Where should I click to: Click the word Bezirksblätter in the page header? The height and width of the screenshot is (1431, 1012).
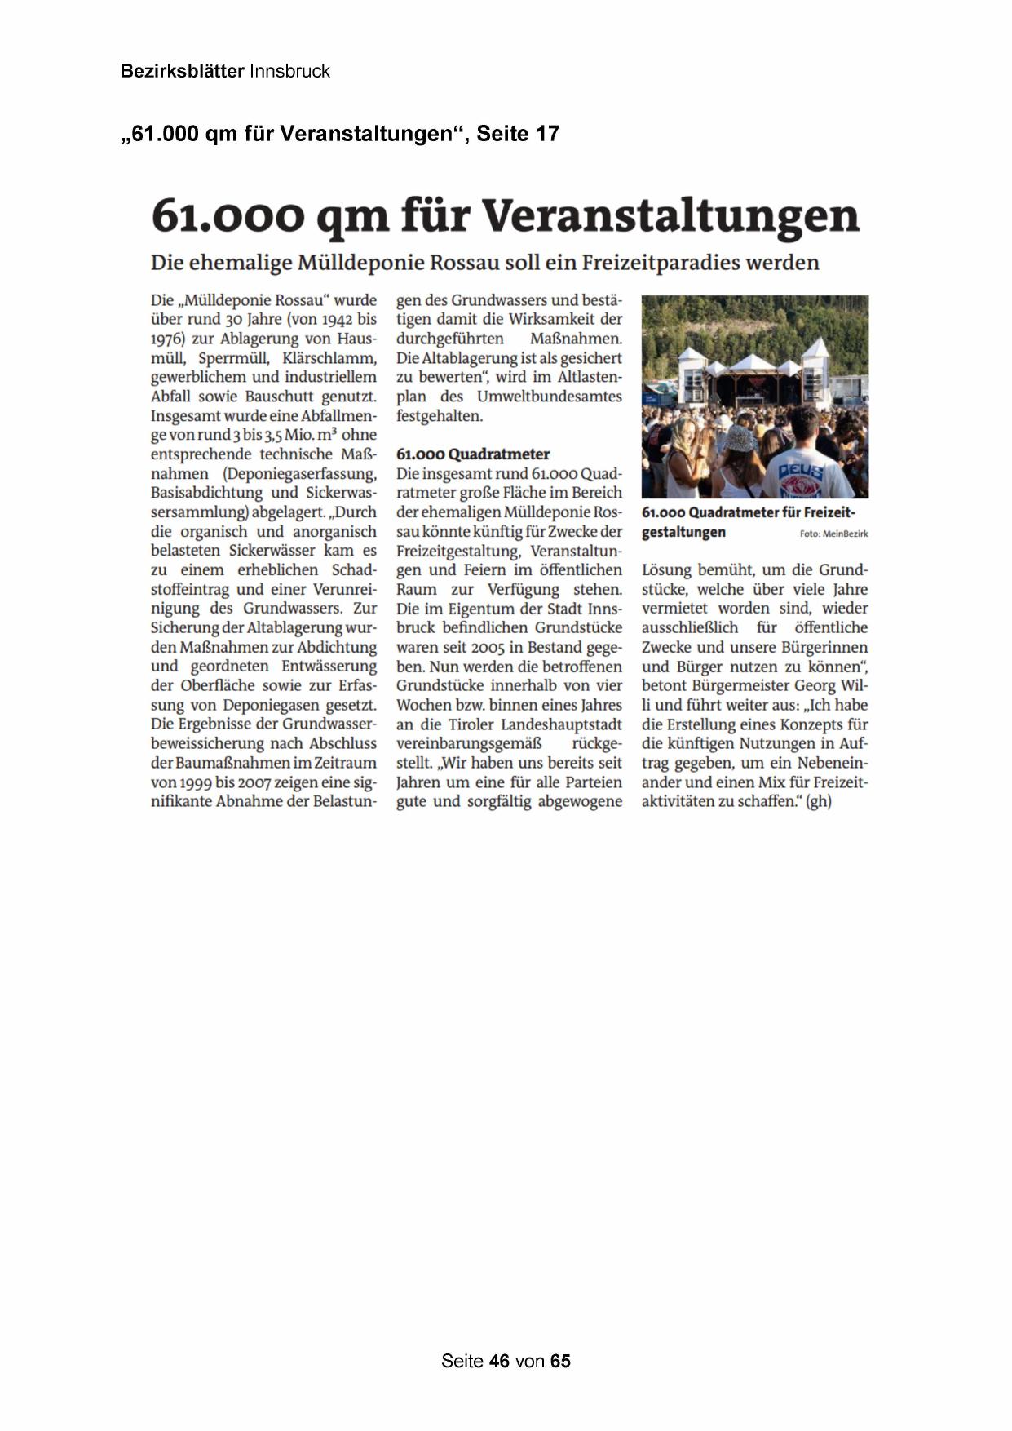[182, 72]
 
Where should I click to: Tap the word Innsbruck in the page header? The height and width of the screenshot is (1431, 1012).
[289, 72]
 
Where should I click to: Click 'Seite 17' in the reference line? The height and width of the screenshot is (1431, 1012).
[518, 134]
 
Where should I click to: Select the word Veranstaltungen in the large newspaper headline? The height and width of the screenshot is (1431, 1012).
[670, 215]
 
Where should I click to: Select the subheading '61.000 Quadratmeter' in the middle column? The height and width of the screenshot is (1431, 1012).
[473, 454]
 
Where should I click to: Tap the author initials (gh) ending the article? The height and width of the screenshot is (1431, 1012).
[818, 801]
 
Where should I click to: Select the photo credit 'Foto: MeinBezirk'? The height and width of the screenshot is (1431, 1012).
[833, 534]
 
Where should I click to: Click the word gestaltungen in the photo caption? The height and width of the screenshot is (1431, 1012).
[683, 532]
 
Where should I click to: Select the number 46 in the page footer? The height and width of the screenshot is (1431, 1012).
[500, 1361]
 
